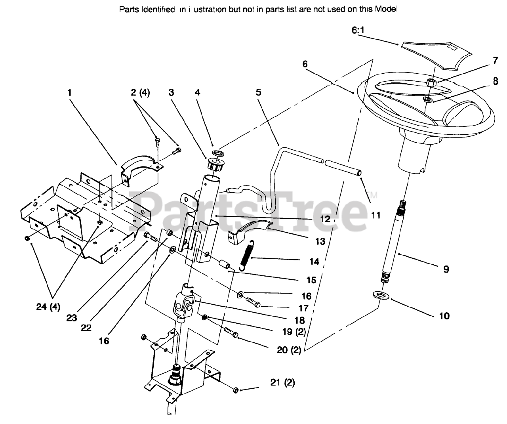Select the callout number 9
click(446, 269)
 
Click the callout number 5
click(258, 93)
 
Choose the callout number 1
click(70, 93)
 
